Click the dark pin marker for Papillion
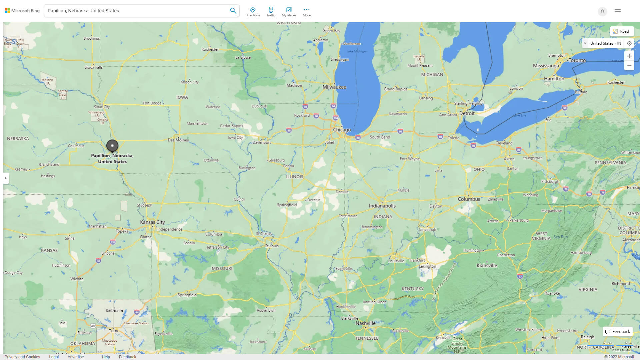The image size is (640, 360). tap(112, 146)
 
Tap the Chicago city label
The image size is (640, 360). tap(342, 130)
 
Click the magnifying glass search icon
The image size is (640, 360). tap(233, 11)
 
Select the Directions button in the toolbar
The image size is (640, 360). tap(252, 11)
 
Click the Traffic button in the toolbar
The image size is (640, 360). tap(271, 11)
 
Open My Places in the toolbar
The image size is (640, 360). tap(289, 11)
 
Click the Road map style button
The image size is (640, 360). tap(621, 31)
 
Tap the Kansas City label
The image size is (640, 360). tap(152, 222)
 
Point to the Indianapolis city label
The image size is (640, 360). tap(382, 206)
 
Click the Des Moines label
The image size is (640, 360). tap(178, 140)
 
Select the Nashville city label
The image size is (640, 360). tap(365, 323)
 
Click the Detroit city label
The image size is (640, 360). tap(467, 113)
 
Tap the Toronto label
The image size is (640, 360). tap(577, 60)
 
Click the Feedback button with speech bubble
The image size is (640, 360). tap(618, 331)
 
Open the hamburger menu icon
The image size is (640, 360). tap(617, 11)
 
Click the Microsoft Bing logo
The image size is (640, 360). tap(22, 11)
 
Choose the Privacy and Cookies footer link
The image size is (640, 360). tap(22, 357)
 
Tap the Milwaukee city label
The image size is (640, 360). tap(334, 87)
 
